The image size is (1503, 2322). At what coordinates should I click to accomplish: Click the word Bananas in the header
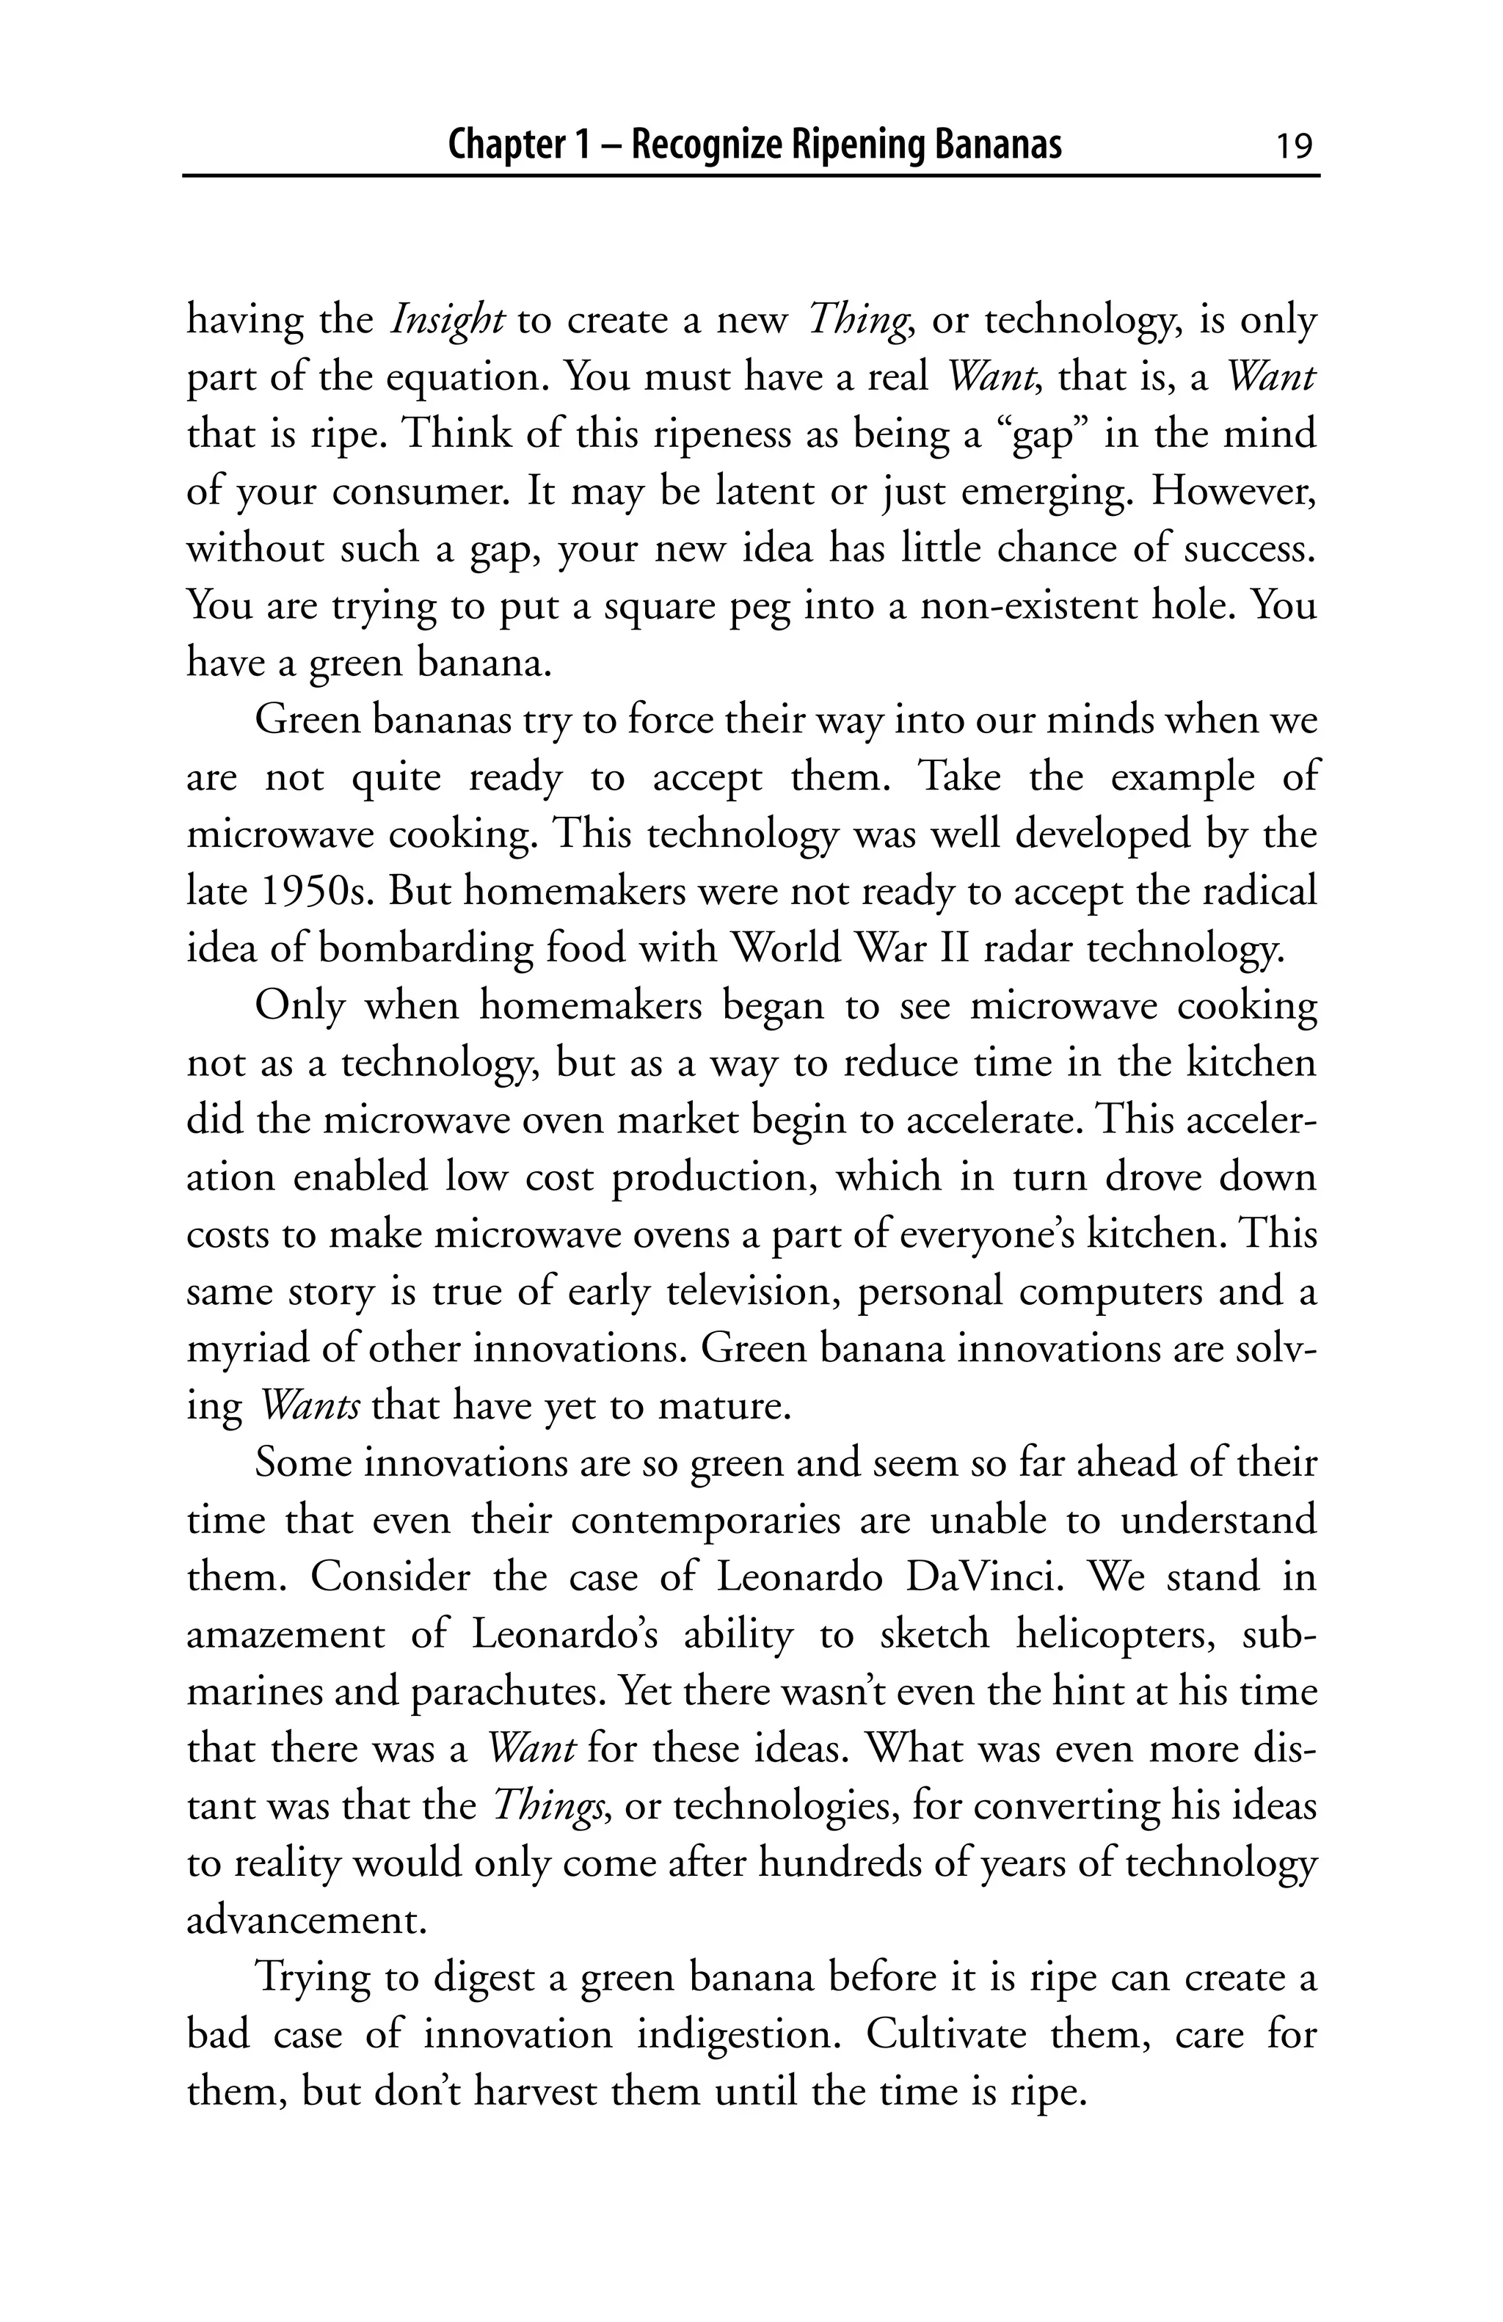998,145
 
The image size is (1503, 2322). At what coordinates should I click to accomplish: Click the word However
1233,492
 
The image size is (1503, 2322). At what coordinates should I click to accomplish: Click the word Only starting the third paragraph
299,1006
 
